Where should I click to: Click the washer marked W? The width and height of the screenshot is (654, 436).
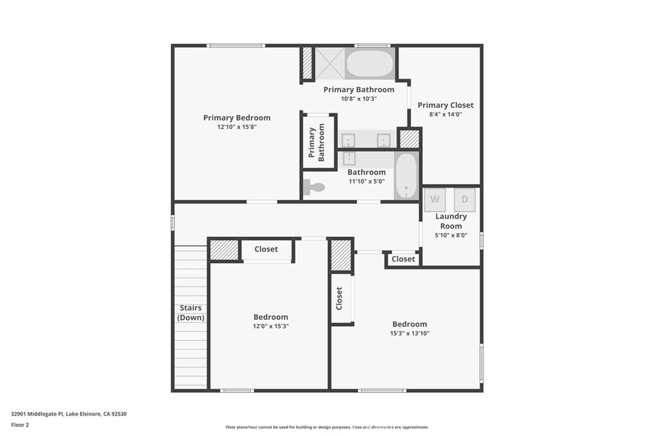[x=435, y=200]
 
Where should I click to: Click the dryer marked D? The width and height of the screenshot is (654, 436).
[x=465, y=200]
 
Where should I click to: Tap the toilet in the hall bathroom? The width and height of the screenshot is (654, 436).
[x=314, y=187]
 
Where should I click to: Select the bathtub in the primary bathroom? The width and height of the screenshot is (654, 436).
[x=370, y=63]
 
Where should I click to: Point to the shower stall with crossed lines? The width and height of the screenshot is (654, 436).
[x=330, y=63]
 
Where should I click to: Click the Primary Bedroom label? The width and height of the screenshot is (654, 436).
[x=237, y=118]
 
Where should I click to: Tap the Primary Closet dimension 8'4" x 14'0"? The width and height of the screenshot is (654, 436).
[x=445, y=114]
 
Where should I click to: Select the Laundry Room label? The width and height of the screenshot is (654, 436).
[x=451, y=221]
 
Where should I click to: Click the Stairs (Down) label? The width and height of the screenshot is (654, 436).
[x=190, y=313]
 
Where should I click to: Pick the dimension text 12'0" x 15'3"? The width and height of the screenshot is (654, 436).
[x=271, y=326]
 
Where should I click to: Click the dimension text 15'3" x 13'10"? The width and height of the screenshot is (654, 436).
[x=409, y=333]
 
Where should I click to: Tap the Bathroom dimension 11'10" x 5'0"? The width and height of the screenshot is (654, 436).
[x=367, y=181]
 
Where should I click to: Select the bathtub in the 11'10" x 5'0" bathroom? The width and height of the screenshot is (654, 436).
[x=406, y=176]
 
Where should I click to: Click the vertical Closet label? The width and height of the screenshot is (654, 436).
[x=339, y=299]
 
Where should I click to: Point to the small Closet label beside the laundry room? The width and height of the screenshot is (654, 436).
[x=404, y=259]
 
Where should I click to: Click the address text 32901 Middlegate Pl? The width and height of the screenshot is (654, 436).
[x=37, y=414]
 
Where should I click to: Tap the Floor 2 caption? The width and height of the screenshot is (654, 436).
[x=20, y=425]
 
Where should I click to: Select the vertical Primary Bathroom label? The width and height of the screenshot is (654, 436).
[x=317, y=142]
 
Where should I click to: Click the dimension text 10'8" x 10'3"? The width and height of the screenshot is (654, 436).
[x=359, y=99]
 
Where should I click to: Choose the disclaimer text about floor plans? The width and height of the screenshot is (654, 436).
[x=327, y=427]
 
